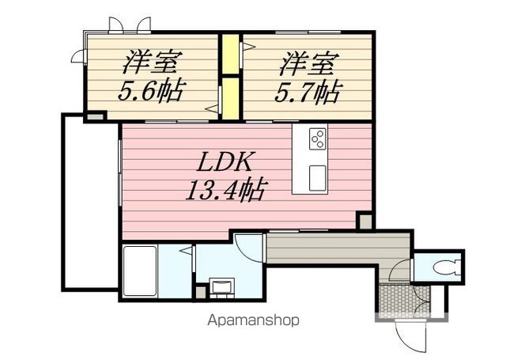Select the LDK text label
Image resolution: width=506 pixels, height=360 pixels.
click(225, 162)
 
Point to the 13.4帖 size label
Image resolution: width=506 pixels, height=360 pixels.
click(226, 190)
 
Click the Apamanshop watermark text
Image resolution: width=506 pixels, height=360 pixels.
click(253, 320)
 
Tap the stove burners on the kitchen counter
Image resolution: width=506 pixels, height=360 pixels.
click(318, 138)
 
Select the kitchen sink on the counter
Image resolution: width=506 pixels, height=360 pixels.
click(318, 177)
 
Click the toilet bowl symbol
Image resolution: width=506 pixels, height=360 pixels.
click(446, 267)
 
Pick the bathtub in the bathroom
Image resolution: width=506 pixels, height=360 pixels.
click(140, 271)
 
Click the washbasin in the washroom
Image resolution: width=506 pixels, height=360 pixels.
click(222, 287)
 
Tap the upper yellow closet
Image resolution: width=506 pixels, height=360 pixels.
click(230, 54)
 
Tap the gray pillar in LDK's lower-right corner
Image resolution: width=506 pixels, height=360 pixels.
click(365, 222)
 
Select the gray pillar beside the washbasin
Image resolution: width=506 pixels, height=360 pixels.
click(200, 292)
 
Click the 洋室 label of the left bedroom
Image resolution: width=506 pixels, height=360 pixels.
click(152, 62)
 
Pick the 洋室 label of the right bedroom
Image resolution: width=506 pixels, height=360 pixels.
click(309, 63)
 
